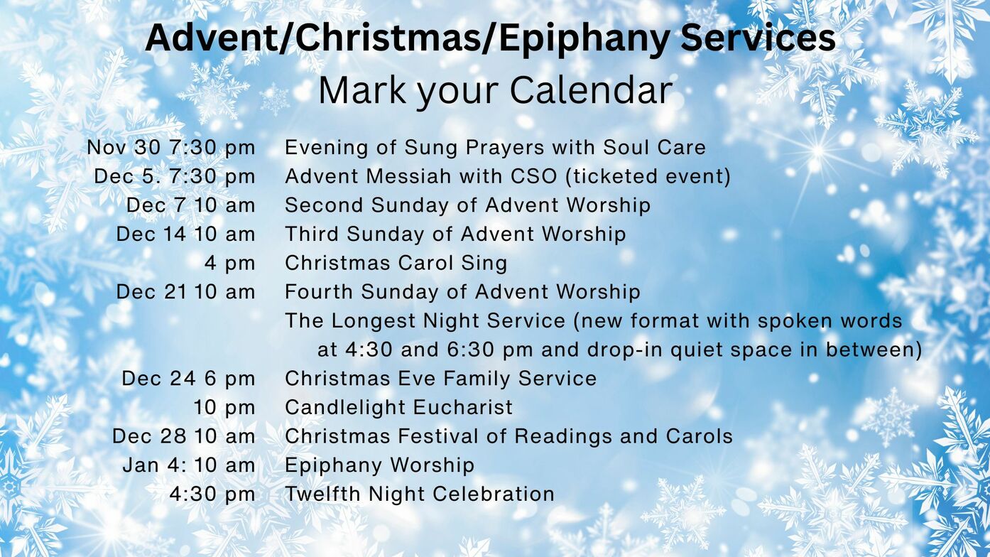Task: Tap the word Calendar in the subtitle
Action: click(x=591, y=91)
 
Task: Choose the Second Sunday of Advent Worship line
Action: click(x=467, y=205)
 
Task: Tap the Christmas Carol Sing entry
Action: click(x=396, y=263)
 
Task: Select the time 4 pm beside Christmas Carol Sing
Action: click(x=230, y=264)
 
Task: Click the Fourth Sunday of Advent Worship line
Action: click(x=463, y=292)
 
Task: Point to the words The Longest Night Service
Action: click(x=425, y=321)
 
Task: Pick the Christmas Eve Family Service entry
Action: click(x=440, y=379)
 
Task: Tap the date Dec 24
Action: click(x=158, y=379)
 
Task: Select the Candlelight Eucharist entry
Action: click(x=398, y=408)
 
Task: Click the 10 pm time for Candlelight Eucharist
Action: click(x=224, y=408)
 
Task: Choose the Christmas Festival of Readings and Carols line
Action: click(x=508, y=436)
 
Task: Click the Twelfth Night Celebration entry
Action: click(x=420, y=494)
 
